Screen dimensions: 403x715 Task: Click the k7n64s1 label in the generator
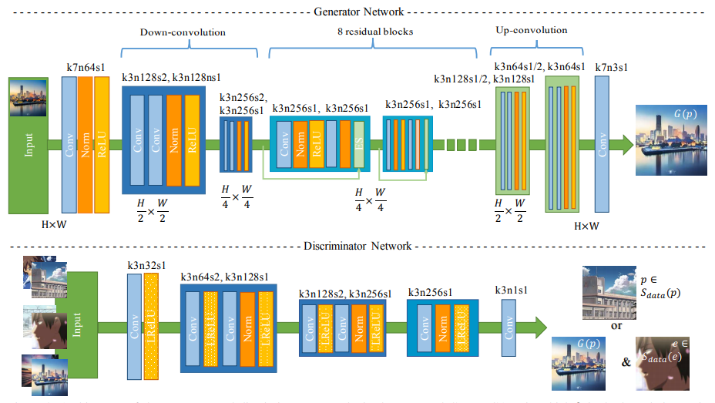point(86,68)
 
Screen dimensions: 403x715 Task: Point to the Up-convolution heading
point(531,31)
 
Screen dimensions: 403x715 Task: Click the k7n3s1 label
point(612,68)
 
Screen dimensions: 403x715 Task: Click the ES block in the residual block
point(357,143)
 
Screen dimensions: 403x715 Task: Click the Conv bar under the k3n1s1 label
point(509,328)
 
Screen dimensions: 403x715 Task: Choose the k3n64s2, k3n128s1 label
point(225,277)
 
